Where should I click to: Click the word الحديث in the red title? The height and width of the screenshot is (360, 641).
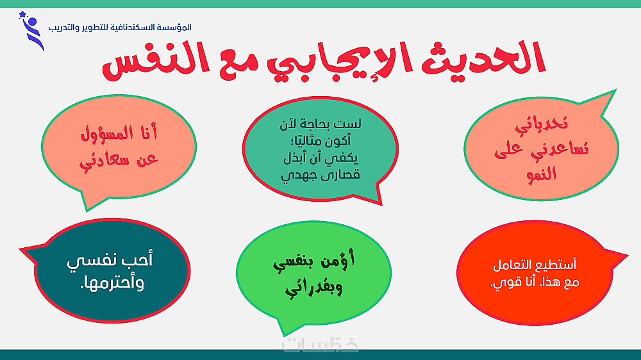pyautogui.click(x=483, y=59)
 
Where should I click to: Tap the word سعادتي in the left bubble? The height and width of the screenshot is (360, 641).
pyautogui.click(x=100, y=160)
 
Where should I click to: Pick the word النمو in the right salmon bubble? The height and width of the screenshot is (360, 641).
pyautogui.click(x=542, y=174)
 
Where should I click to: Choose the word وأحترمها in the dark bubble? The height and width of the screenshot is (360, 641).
pyautogui.click(x=112, y=283)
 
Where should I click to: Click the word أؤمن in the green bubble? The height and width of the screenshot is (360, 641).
pyautogui.click(x=337, y=260)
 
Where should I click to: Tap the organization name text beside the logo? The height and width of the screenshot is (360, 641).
pyautogui.click(x=120, y=28)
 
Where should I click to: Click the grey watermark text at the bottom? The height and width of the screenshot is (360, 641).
pyautogui.click(x=320, y=346)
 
